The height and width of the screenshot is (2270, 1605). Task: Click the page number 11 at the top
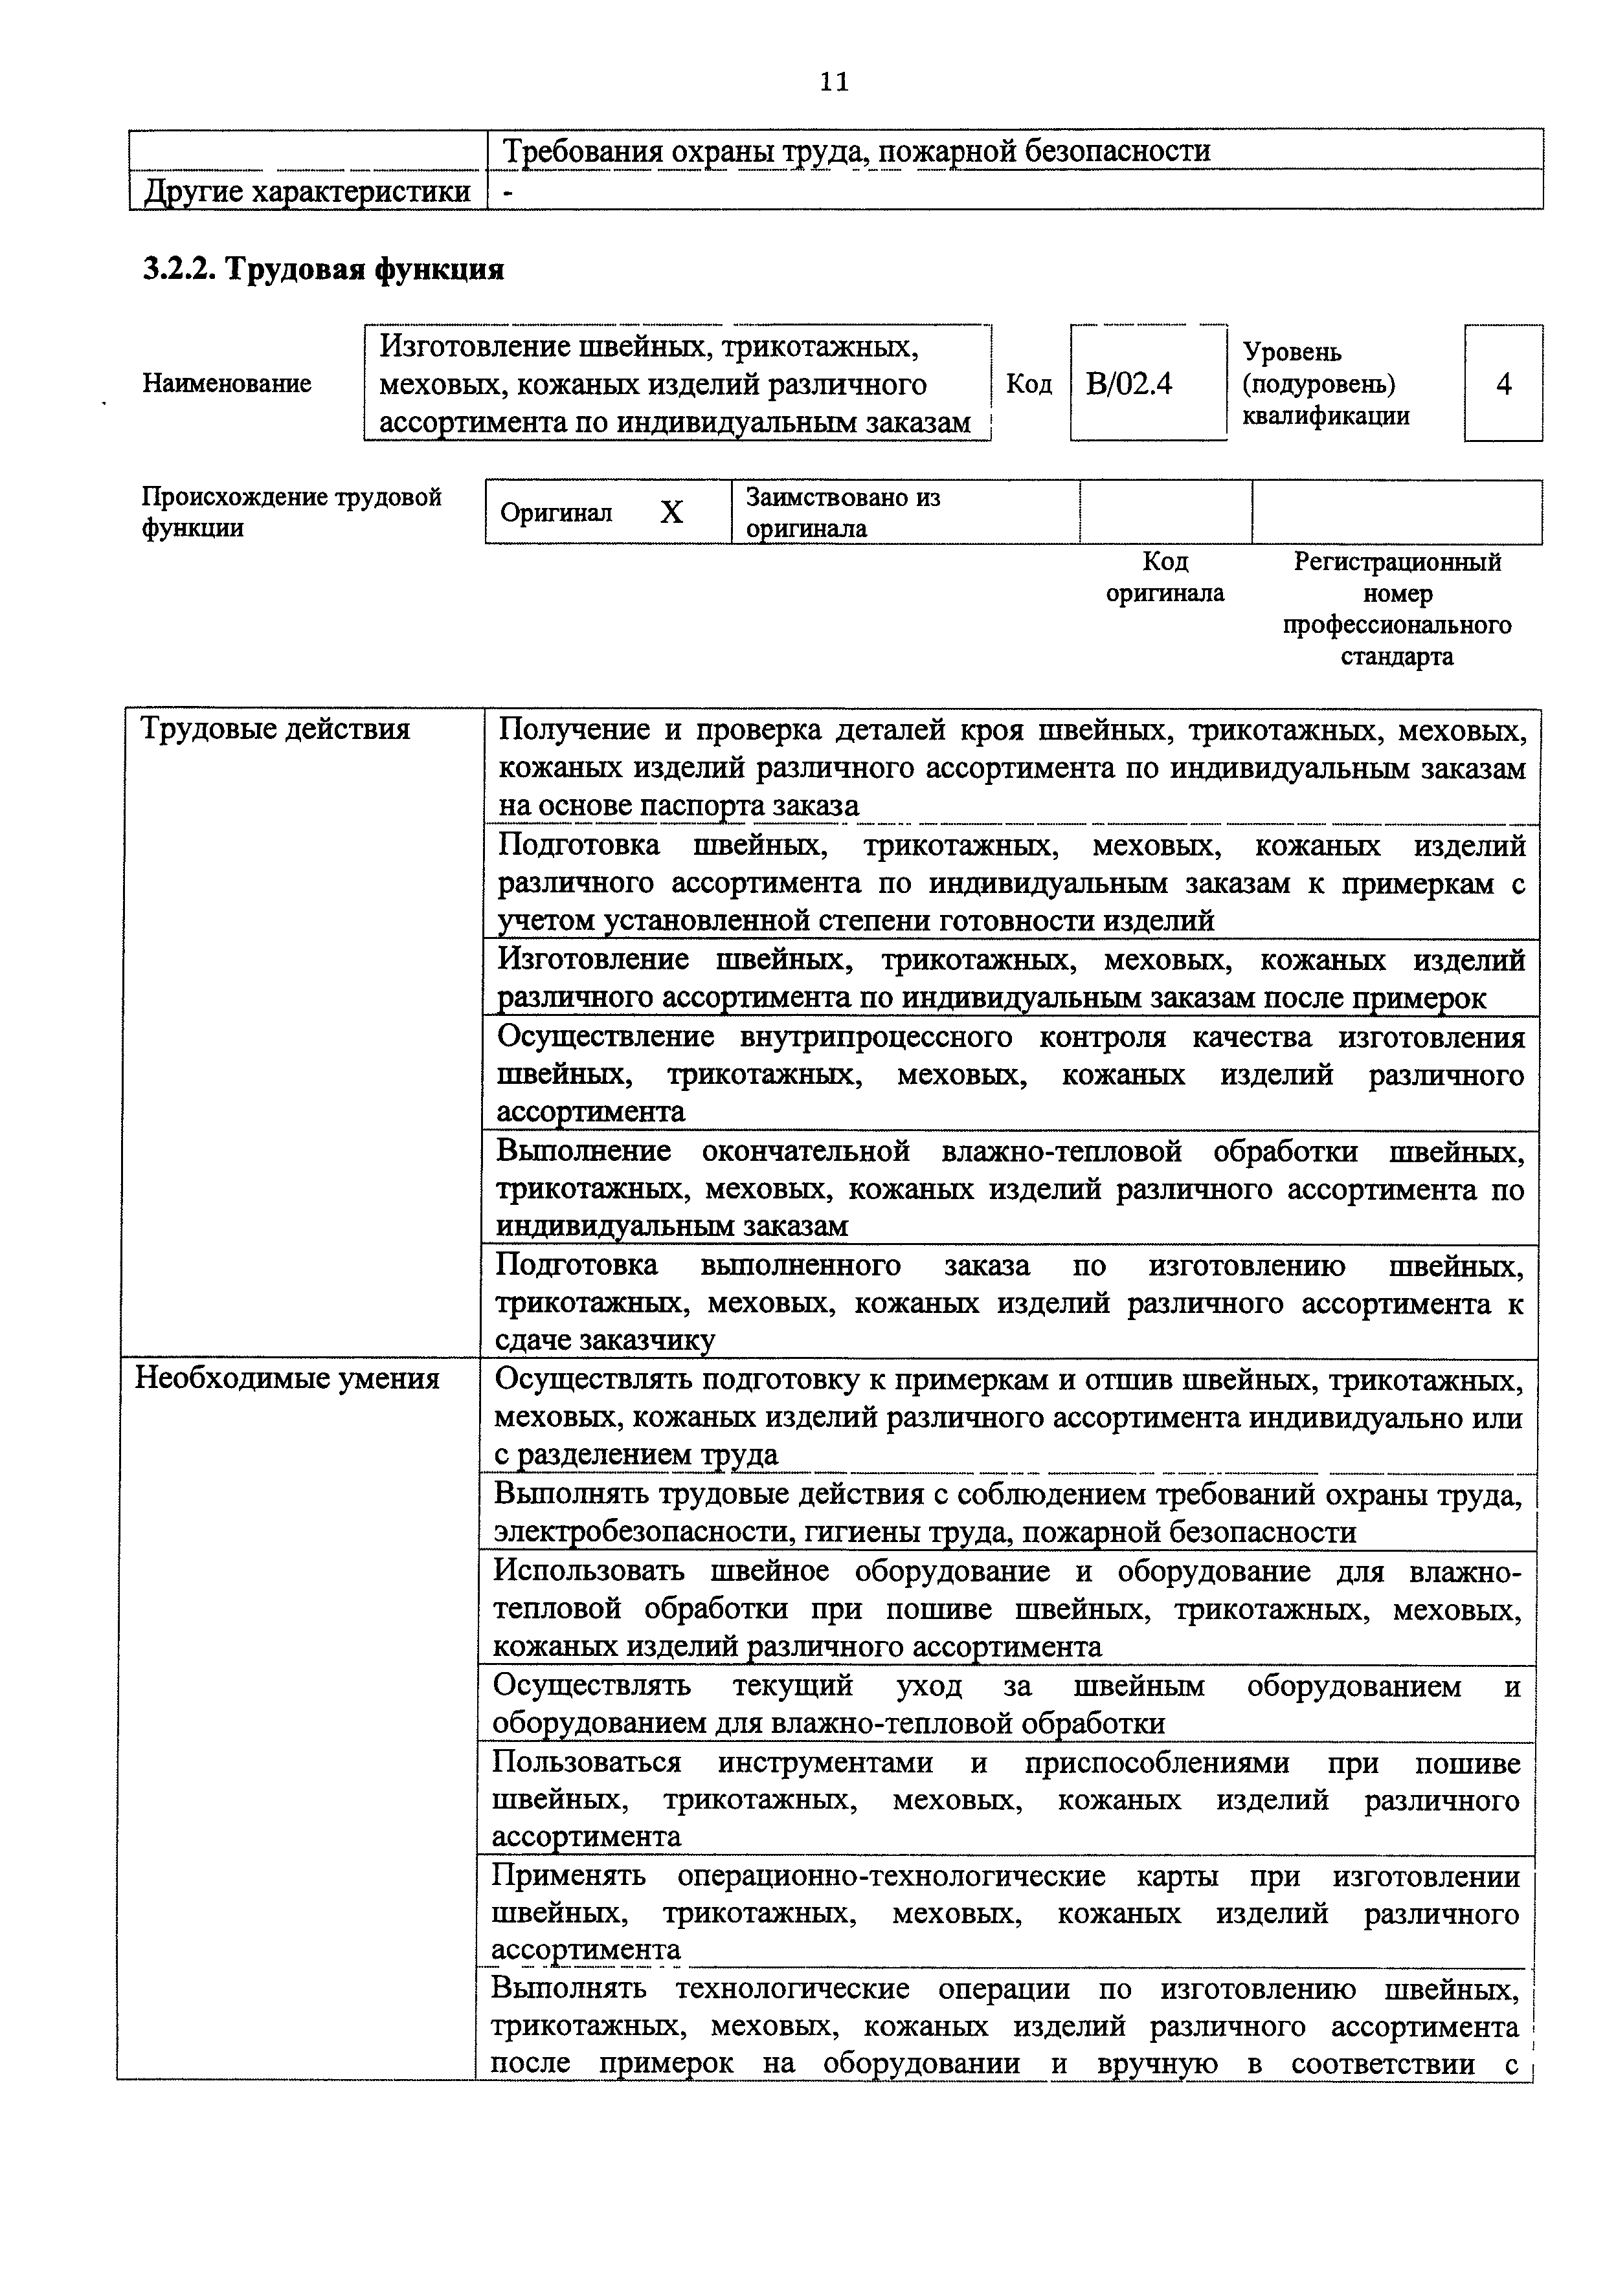coord(834,82)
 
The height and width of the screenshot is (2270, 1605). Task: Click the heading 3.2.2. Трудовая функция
coord(323,269)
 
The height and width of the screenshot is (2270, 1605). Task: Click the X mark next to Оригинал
coord(671,512)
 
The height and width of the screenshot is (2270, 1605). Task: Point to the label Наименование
coord(227,384)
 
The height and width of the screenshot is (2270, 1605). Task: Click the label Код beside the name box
coord(1029,384)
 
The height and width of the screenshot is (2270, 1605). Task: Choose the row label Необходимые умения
coord(287,1378)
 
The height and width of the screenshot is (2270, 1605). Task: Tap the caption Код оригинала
coord(1165,577)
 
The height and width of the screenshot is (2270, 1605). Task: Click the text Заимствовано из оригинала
coord(842,512)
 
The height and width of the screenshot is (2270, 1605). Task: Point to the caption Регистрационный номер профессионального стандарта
coord(1397,609)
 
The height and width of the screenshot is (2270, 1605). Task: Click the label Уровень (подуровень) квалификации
coord(1325,384)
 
